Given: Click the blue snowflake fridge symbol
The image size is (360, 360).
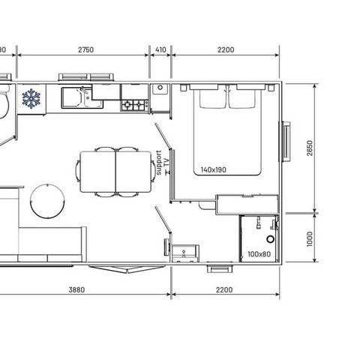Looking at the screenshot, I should (31, 98).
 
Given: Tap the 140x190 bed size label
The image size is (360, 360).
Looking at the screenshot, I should (214, 169).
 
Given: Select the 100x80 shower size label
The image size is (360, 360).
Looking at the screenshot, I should (259, 253).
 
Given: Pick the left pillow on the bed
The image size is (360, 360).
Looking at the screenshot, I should (211, 98).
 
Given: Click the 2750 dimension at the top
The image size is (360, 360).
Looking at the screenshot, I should (85, 49).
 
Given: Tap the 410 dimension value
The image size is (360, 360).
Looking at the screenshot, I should (160, 49).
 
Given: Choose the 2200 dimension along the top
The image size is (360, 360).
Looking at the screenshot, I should (225, 49).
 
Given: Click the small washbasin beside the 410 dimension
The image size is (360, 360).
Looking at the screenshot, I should (160, 89).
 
